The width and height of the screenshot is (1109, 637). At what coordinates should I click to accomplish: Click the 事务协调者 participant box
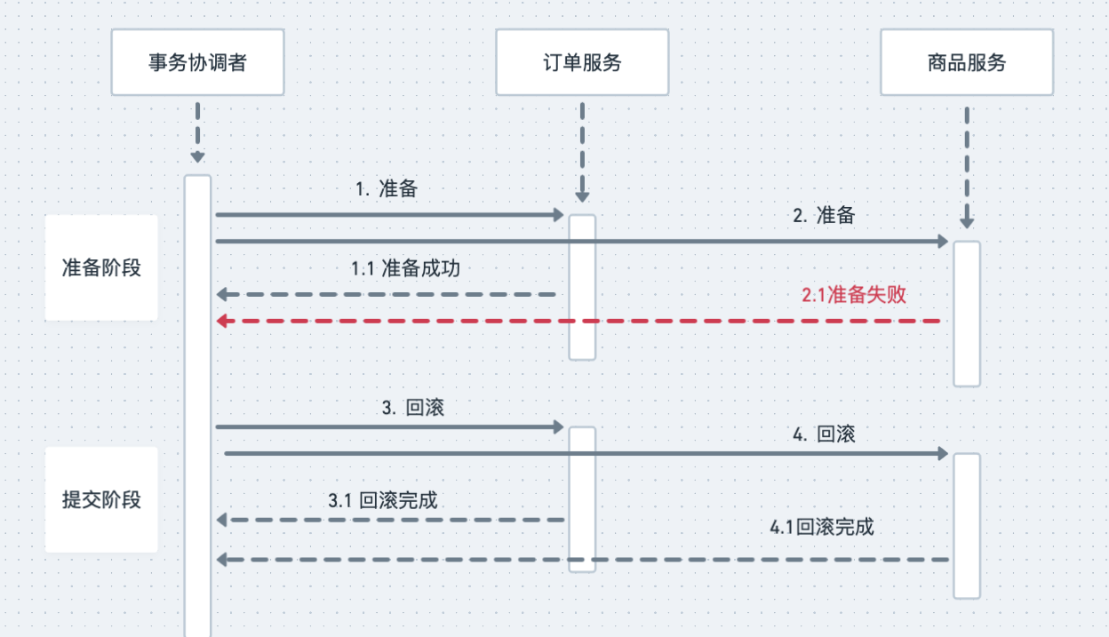[197, 62]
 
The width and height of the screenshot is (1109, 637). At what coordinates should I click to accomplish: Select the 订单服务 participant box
[582, 62]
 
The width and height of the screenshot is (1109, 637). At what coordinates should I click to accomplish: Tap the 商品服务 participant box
[967, 62]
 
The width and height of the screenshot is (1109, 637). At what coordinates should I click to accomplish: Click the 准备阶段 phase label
[101, 267]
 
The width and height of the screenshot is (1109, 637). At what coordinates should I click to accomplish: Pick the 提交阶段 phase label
[101, 499]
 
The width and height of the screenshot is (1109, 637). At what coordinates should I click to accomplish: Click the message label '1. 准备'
[387, 189]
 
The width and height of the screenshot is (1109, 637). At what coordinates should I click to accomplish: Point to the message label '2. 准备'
[824, 215]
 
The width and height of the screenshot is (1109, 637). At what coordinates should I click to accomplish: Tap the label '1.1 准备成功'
[405, 268]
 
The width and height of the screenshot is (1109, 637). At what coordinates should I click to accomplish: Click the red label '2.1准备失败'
[854, 295]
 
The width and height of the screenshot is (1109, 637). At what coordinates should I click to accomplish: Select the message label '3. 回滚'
[413, 409]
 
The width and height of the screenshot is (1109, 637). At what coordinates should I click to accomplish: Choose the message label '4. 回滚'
[824, 435]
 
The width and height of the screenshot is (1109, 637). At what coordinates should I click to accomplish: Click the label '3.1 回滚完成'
[383, 500]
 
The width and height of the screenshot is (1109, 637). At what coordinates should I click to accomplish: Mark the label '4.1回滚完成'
[822, 527]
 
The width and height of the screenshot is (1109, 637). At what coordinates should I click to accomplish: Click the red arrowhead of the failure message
[223, 321]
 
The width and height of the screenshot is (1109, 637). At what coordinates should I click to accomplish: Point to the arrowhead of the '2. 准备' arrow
[943, 242]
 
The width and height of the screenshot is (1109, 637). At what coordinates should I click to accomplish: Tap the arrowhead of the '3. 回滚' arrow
[558, 427]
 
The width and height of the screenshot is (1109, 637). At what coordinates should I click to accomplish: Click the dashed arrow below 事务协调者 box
[197, 133]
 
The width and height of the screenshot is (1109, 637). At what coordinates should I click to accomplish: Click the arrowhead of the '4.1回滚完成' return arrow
[223, 560]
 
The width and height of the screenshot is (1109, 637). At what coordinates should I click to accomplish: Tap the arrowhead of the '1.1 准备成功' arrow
[223, 294]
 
